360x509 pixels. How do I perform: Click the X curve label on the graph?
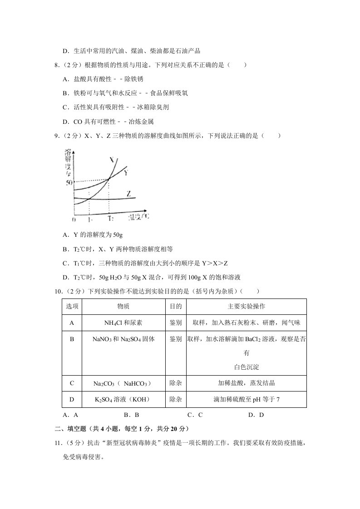[x=112, y=160]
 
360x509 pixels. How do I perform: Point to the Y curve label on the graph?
[x=126, y=172]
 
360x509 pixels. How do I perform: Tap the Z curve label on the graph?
[x=129, y=194]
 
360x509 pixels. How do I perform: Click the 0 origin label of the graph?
[x=74, y=220]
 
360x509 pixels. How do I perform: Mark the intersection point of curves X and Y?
[x=109, y=180]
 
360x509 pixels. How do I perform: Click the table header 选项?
[x=72, y=307]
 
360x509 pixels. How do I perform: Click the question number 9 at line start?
[x=56, y=136]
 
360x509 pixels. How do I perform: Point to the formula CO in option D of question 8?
[x=78, y=122]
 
